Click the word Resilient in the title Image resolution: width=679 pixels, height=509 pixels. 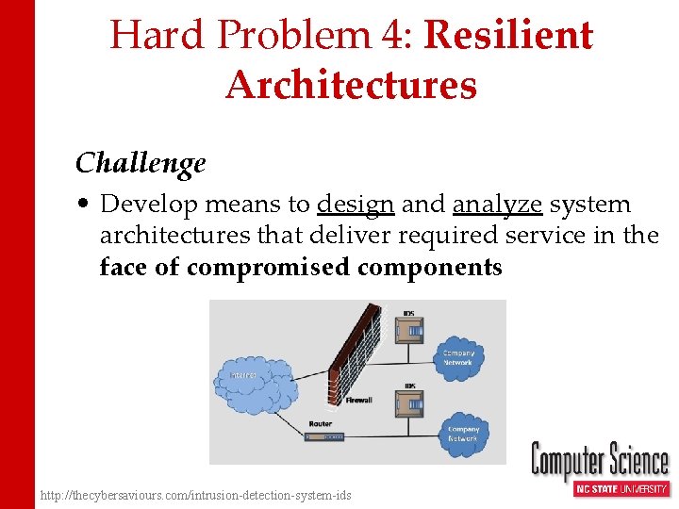tap(508, 36)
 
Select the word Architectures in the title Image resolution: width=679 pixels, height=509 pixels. tap(351, 85)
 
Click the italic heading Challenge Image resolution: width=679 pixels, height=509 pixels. tap(141, 163)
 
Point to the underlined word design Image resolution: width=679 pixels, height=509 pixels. tap(356, 205)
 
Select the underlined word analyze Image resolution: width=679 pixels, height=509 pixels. tap(497, 205)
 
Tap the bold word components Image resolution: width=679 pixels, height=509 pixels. tap(429, 268)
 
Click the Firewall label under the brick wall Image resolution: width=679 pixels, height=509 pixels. tap(358, 401)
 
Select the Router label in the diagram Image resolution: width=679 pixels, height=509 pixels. tap(320, 425)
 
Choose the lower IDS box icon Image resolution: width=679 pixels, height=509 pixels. tap(409, 404)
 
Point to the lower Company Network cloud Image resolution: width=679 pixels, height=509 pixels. tap(463, 434)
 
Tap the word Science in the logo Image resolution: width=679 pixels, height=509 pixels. tap(638, 463)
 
